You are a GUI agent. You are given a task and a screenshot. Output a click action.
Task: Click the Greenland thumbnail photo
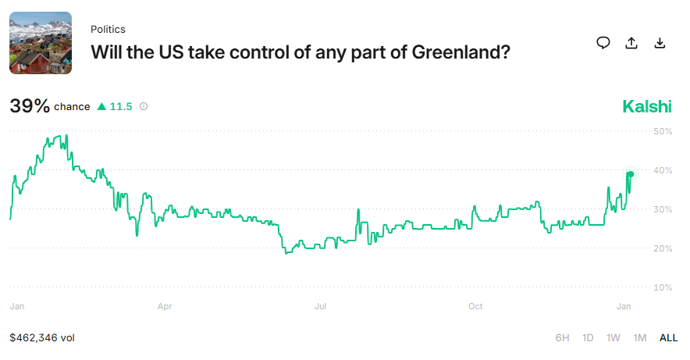click(41, 43)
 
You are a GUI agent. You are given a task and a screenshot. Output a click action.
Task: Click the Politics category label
click(108, 29)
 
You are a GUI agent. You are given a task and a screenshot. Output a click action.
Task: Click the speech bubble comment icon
click(603, 43)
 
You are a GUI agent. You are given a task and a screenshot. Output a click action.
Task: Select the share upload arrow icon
click(631, 43)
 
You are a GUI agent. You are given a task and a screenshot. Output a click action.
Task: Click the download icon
click(660, 43)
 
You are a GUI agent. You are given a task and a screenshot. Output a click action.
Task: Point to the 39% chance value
click(30, 106)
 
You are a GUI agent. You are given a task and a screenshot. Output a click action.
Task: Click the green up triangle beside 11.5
click(101, 107)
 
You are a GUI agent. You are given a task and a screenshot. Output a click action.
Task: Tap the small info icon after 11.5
click(144, 107)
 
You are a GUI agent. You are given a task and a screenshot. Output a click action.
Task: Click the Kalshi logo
click(646, 107)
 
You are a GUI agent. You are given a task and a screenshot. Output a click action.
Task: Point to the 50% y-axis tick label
click(663, 131)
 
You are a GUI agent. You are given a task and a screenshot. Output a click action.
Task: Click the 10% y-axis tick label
click(663, 287)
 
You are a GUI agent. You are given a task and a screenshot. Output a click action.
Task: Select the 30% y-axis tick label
click(663, 209)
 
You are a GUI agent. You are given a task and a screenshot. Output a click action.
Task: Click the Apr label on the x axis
click(165, 307)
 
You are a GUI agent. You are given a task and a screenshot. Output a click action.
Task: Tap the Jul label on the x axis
click(320, 307)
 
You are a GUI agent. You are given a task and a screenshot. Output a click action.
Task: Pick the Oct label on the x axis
click(476, 307)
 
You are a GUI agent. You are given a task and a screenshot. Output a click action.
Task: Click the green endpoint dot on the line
click(630, 173)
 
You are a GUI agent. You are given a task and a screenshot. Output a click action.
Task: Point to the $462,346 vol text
click(42, 338)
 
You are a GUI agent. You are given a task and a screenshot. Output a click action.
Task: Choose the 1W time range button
click(614, 338)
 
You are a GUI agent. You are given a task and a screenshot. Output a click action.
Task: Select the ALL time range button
click(669, 338)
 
